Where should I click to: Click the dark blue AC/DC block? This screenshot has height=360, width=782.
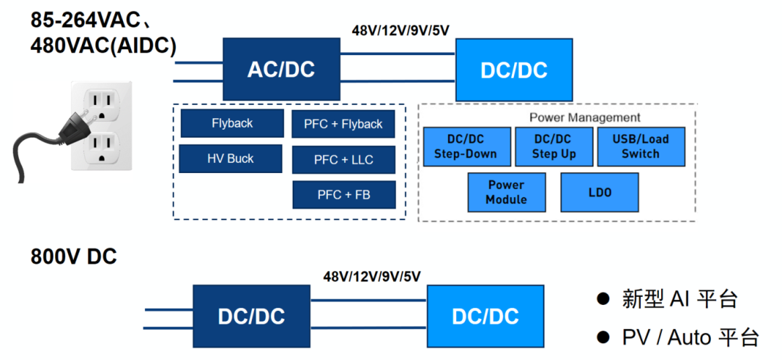(281, 69)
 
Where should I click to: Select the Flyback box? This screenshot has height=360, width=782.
(232, 123)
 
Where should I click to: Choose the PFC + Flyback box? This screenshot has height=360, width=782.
(343, 124)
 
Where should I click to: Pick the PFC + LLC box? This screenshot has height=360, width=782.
(343, 159)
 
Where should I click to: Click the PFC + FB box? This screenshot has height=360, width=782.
(343, 195)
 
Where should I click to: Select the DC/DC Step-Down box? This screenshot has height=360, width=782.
(465, 146)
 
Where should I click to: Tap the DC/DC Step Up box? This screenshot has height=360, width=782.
(554, 146)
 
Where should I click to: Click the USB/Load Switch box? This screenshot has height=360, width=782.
(640, 146)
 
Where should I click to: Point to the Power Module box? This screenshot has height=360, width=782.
(506, 192)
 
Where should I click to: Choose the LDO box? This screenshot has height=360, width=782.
(600, 192)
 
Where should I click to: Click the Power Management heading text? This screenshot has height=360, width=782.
(584, 117)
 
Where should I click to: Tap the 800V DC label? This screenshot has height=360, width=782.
(73, 257)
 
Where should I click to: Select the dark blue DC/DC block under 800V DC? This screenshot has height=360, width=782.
(251, 316)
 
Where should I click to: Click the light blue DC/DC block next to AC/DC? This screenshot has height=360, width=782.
(513, 70)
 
